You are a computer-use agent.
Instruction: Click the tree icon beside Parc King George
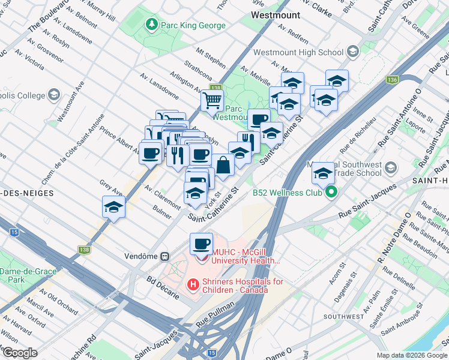150,25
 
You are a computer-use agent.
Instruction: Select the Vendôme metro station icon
164,256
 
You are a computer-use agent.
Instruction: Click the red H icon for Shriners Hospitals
193,283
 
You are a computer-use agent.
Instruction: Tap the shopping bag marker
223,165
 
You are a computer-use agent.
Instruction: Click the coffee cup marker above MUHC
201,243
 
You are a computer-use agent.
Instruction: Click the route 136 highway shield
392,79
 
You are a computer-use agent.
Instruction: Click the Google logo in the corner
20,353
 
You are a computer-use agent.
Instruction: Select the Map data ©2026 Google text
411,355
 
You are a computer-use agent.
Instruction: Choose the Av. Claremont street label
163,197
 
